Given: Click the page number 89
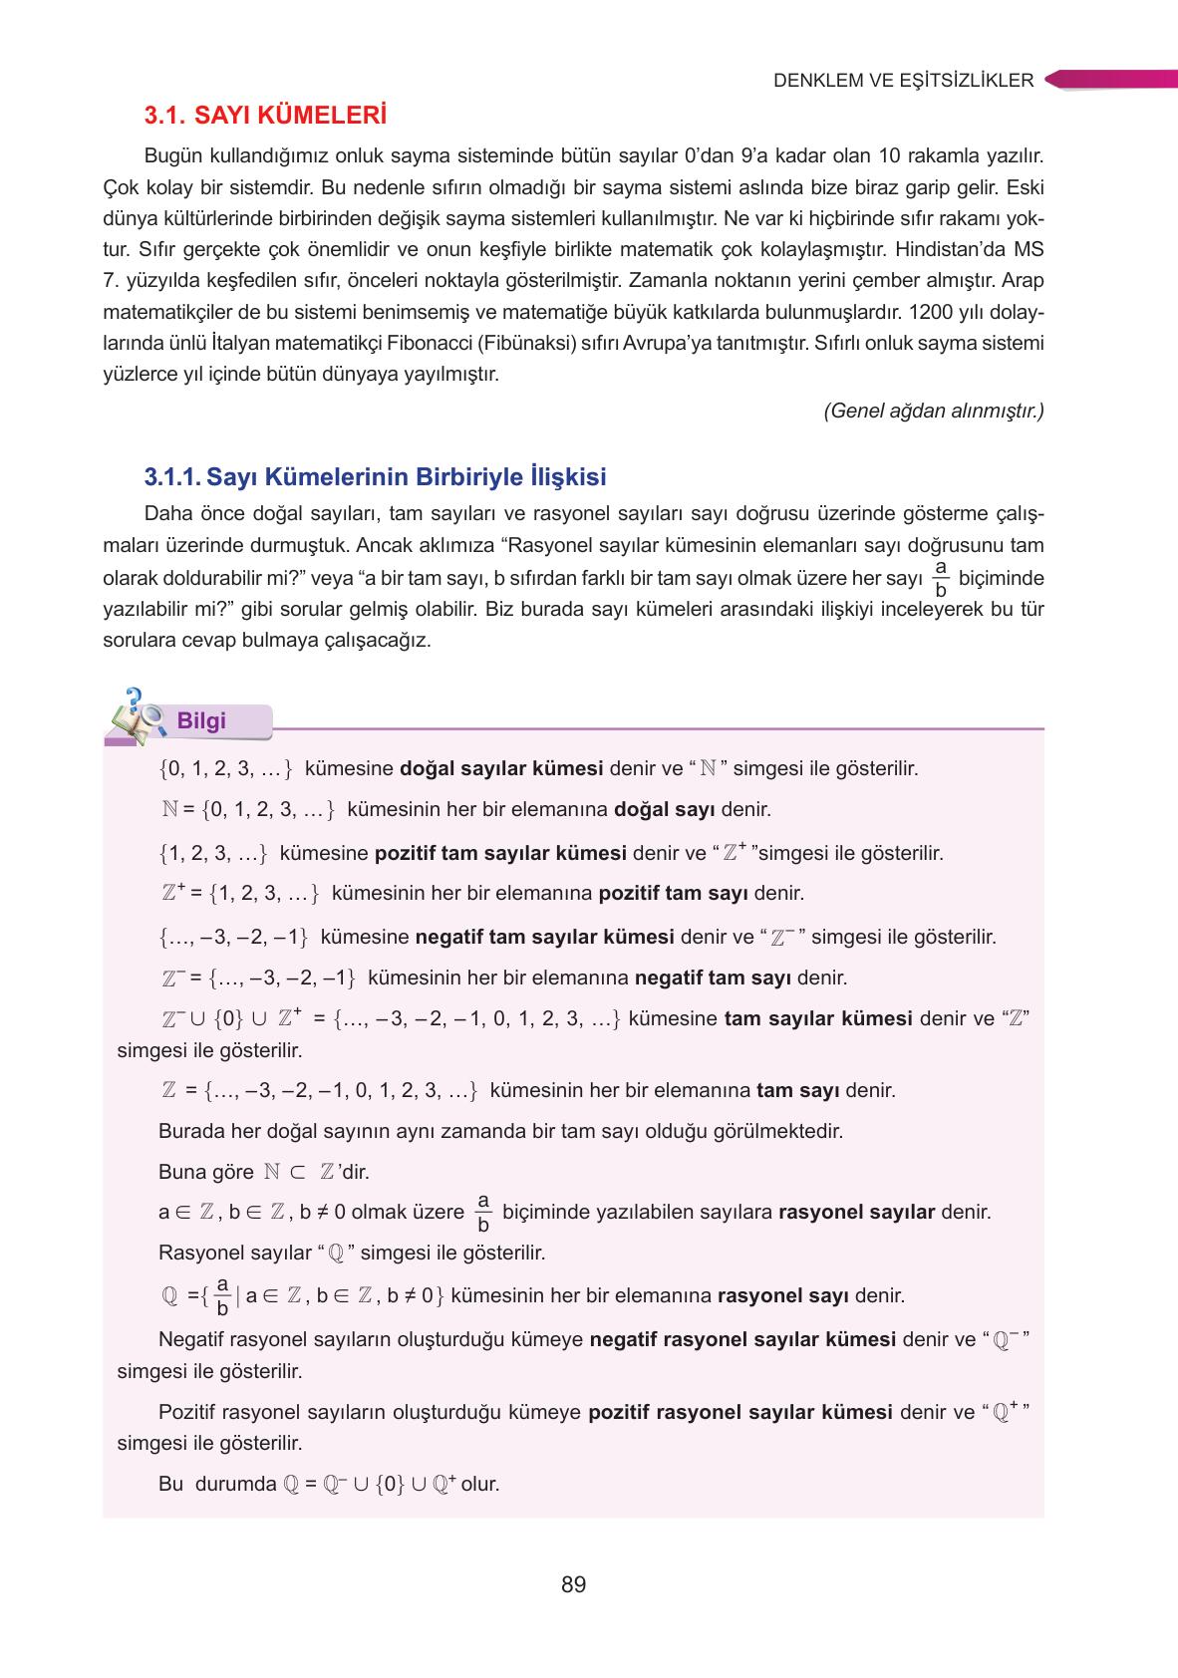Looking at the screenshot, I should tap(573, 1584).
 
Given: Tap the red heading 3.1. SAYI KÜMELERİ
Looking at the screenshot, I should tap(264, 117).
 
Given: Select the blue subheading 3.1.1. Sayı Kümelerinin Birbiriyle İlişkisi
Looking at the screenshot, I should tap(375, 477).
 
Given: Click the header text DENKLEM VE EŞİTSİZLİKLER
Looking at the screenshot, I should tap(903, 81).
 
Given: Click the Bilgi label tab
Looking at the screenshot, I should tap(203, 721).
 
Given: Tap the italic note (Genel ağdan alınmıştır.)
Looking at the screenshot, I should tap(934, 411).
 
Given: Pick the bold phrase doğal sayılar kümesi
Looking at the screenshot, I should tap(500, 769).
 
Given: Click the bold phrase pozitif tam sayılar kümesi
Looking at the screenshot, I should tap(500, 853).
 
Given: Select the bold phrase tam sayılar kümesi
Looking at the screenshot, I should tap(817, 1018).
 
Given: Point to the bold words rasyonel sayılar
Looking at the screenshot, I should tap(856, 1213).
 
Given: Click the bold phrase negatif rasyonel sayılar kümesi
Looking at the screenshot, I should tap(742, 1339).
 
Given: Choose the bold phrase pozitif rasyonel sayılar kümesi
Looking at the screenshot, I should tap(740, 1412).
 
